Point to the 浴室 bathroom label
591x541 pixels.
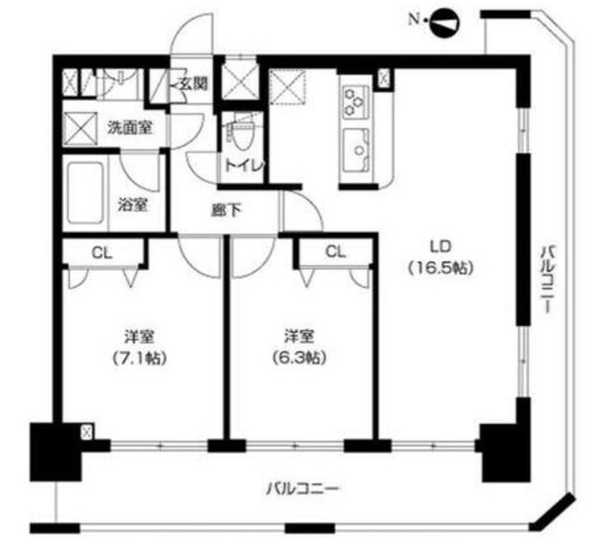133,205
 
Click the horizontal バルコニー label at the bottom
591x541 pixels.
302,488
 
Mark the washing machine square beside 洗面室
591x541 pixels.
79,125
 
